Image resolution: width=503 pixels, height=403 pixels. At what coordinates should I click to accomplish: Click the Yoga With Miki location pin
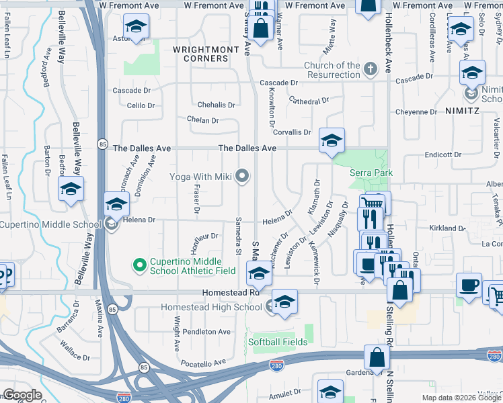(243, 177)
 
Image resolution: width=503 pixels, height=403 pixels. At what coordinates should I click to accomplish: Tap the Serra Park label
(366, 173)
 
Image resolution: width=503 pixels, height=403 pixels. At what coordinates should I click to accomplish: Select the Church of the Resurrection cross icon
(370, 69)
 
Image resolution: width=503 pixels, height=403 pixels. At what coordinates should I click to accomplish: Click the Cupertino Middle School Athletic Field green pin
(140, 266)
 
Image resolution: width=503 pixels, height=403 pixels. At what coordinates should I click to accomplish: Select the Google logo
(22, 394)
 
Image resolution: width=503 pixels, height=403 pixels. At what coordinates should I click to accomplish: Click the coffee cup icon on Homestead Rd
(469, 284)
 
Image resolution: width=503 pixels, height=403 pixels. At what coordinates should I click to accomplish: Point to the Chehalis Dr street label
(216, 105)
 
